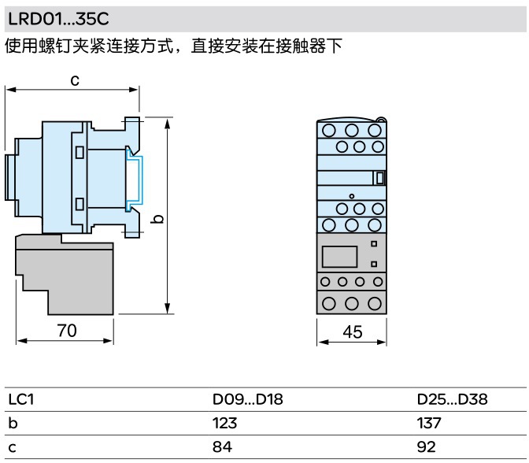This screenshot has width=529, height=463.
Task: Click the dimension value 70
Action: [66, 332]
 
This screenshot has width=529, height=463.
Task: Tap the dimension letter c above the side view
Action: [75, 80]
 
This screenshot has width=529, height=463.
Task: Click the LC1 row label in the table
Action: [20, 399]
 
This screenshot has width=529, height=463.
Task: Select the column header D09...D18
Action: [248, 399]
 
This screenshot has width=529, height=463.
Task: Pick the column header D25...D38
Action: [452, 399]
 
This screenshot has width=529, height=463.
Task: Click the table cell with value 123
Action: [226, 423]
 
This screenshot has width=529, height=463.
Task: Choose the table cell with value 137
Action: [430, 423]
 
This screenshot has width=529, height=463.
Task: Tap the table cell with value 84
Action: [223, 446]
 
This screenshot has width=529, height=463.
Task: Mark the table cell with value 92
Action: [427, 446]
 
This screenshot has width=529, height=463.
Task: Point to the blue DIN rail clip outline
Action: [135, 182]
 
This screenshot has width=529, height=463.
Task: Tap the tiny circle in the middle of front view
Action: [352, 195]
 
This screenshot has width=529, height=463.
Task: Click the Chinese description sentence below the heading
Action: [173, 46]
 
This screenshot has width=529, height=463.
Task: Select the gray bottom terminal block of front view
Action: [352, 302]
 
